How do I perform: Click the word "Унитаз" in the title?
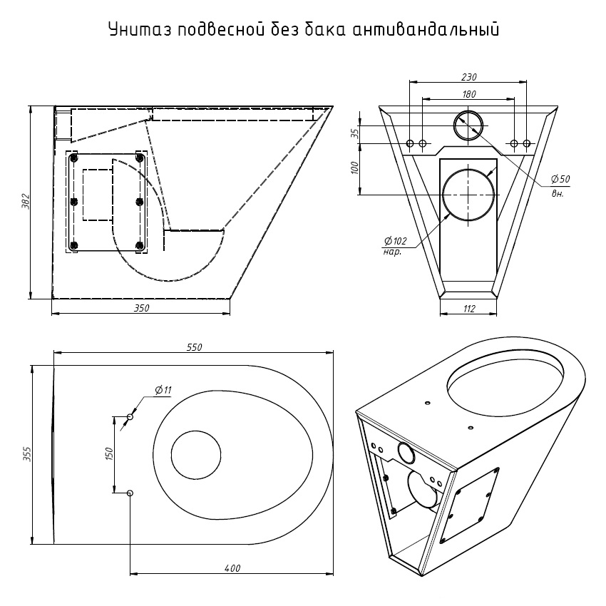point(140,29)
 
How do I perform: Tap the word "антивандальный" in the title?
point(425,29)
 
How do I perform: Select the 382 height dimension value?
point(26,201)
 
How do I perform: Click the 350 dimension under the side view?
point(141,308)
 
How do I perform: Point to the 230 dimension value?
point(468,77)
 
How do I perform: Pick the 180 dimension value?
point(469,94)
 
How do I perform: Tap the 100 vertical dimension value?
point(355,168)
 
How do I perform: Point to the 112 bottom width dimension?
point(468,309)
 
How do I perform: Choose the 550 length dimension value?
point(194,347)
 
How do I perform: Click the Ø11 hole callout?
point(163,391)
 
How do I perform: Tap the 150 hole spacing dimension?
point(108,453)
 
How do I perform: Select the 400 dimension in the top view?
point(232,568)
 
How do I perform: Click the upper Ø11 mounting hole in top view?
point(130,417)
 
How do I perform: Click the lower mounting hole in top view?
point(130,493)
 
